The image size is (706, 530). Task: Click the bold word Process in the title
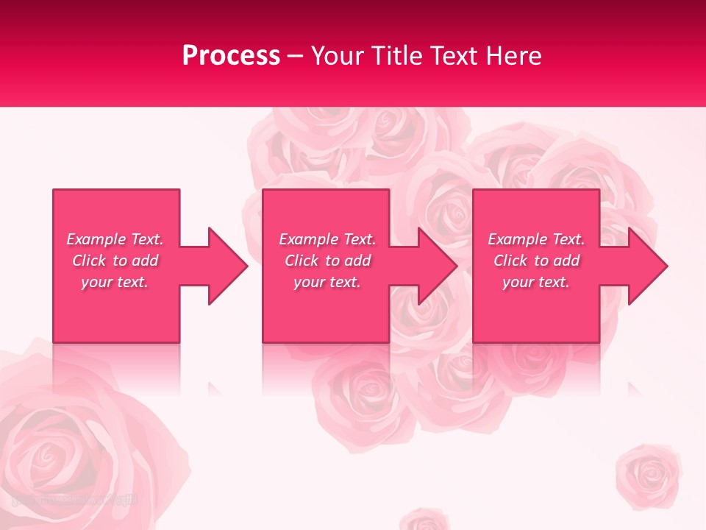(231, 56)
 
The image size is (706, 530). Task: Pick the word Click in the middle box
(301, 261)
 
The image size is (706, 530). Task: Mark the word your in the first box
(96, 282)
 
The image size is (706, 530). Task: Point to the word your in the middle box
(308, 282)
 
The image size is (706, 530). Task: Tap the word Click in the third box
(510, 261)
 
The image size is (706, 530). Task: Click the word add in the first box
(144, 261)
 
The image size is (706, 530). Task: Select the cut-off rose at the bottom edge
(424, 520)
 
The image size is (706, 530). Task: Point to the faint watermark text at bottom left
(74, 500)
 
